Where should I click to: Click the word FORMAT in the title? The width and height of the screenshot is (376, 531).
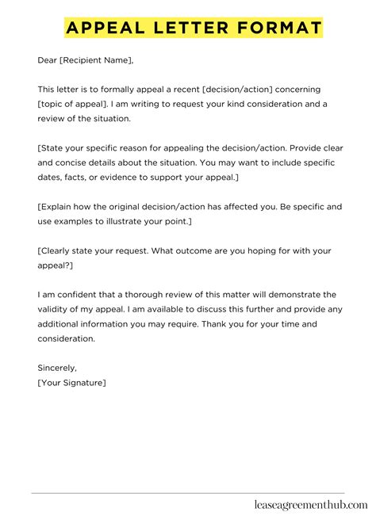(x=274, y=29)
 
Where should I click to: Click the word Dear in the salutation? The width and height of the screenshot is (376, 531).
(x=48, y=59)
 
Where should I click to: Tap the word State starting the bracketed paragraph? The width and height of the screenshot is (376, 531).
(x=53, y=147)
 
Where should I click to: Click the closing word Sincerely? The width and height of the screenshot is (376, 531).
(x=58, y=368)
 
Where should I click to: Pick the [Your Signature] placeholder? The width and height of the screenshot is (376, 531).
(x=72, y=382)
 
